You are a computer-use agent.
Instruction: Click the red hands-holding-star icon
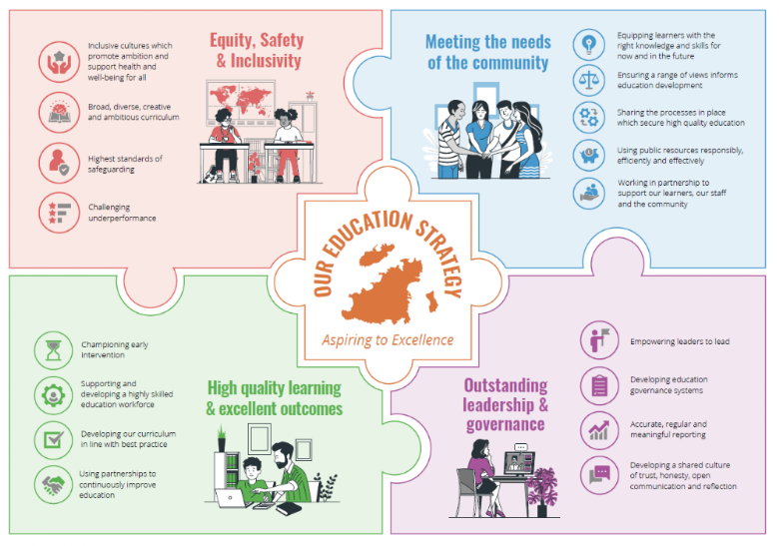59,62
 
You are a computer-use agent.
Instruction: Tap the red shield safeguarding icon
59,163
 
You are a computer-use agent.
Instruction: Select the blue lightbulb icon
588,45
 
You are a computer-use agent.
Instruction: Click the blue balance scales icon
588,80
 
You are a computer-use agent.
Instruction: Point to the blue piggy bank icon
588,156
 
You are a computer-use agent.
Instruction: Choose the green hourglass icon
54,350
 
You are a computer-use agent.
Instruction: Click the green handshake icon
54,484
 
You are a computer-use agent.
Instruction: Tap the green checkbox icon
54,440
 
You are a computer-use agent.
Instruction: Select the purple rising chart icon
599,430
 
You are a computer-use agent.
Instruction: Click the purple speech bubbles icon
599,475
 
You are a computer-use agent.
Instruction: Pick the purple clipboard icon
599,385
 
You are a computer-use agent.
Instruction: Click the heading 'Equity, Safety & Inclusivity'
258,50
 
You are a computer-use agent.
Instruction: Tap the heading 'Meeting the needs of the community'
488,52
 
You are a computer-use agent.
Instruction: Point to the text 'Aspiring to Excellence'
388,340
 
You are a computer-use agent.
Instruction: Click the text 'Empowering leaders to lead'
680,341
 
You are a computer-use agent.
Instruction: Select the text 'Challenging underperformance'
122,213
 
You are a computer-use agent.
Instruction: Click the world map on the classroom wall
241,99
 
